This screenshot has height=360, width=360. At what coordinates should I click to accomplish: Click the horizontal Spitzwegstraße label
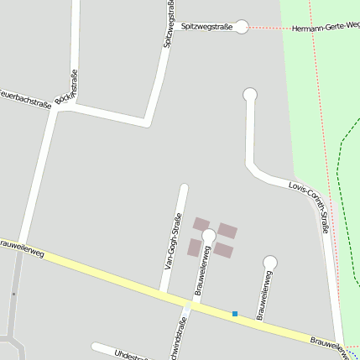[x=206, y=27]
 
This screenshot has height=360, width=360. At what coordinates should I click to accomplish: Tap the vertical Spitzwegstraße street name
[x=170, y=25]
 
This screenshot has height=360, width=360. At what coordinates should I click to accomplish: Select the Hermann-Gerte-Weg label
[x=326, y=28]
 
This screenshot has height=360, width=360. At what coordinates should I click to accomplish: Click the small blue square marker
[x=235, y=314]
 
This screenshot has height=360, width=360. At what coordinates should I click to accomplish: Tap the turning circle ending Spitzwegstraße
[x=242, y=27]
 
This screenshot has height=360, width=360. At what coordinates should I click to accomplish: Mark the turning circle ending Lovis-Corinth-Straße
[x=249, y=95]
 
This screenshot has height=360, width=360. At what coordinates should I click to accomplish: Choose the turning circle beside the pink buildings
[x=209, y=237]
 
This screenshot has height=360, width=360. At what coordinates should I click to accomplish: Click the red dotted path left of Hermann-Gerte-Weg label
[x=264, y=28]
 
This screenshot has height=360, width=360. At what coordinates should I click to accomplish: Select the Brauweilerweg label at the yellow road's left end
[x=18, y=245]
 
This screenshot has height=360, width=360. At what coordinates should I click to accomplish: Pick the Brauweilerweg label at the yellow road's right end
[x=331, y=343]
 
